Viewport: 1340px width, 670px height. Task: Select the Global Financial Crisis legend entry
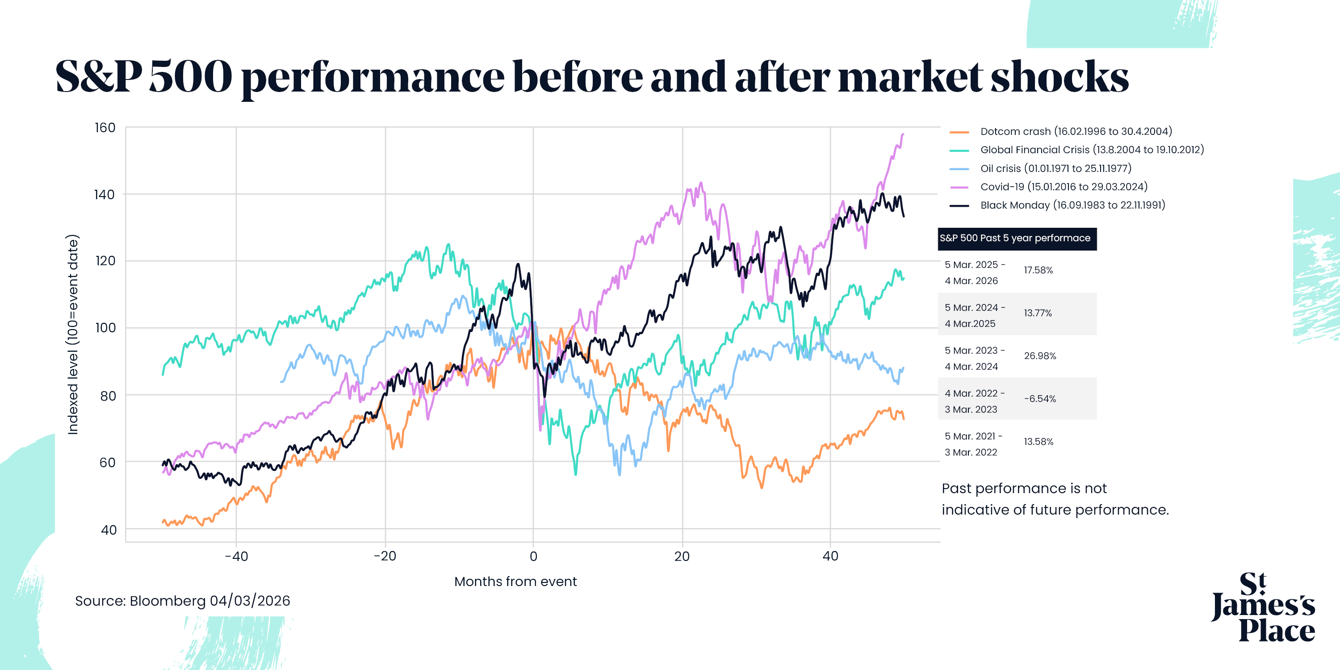click(x=1091, y=150)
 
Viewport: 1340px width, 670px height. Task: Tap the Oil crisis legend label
click(x=1055, y=168)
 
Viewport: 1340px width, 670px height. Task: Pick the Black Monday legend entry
click(x=1072, y=205)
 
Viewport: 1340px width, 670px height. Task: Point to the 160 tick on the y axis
click(x=105, y=128)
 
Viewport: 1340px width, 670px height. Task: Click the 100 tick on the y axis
click(x=105, y=328)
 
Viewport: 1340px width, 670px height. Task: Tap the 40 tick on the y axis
click(x=108, y=530)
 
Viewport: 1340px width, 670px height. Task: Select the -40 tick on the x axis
click(x=236, y=556)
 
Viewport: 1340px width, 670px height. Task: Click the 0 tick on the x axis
click(x=533, y=556)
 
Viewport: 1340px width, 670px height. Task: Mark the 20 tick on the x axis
click(x=682, y=556)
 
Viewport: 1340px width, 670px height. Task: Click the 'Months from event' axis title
click(x=515, y=582)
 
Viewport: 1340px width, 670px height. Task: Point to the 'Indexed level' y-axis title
click(x=73, y=335)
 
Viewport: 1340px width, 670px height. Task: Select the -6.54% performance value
click(x=1040, y=399)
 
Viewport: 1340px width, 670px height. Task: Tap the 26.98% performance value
click(x=1040, y=356)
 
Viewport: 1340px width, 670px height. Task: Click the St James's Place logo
click(x=1263, y=607)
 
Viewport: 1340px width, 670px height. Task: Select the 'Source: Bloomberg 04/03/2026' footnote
click(x=183, y=601)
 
